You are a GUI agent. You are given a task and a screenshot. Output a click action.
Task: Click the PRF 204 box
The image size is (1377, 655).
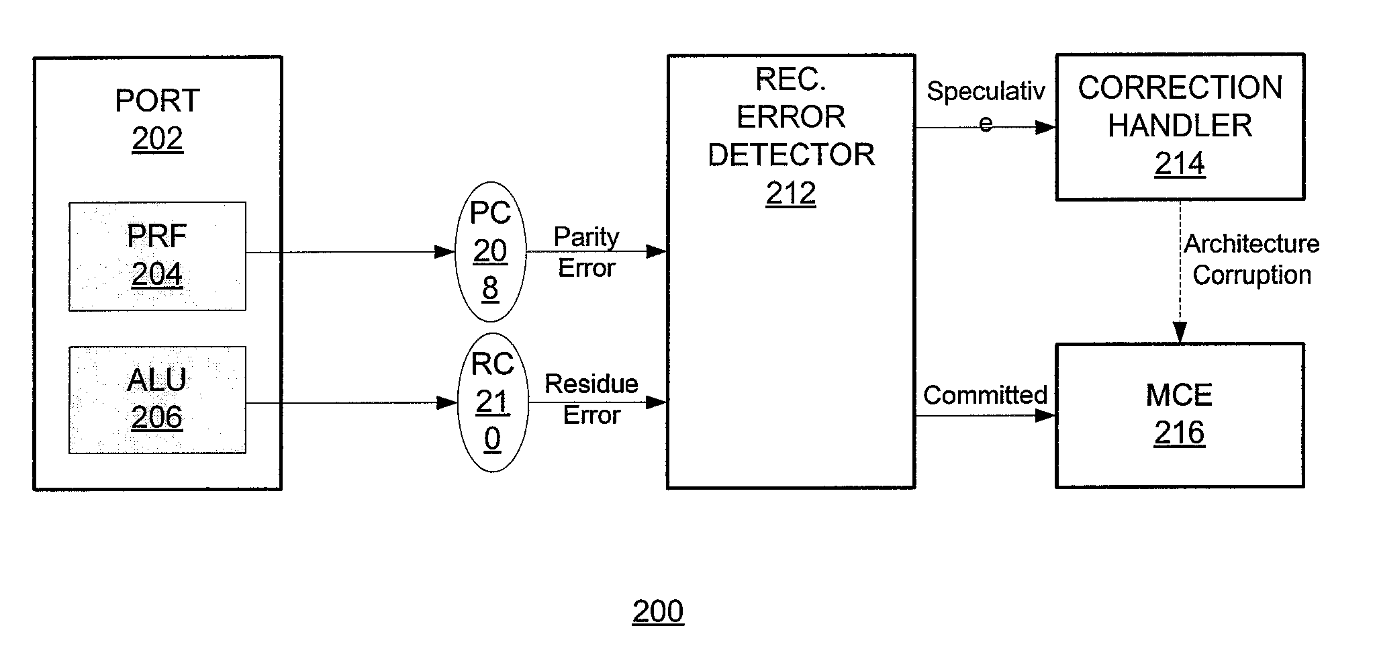pyautogui.click(x=157, y=256)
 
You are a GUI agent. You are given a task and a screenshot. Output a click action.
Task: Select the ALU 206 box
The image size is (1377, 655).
pyautogui.click(x=157, y=400)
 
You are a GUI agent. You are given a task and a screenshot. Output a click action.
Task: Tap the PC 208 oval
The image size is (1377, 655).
pyautogui.click(x=491, y=251)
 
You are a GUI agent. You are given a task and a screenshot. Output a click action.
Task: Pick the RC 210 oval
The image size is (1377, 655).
pyautogui.click(x=493, y=402)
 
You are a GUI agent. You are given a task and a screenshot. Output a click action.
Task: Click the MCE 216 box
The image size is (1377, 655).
pyautogui.click(x=1180, y=415)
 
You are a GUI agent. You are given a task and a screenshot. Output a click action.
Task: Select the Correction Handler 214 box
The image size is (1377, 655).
pyautogui.click(x=1180, y=126)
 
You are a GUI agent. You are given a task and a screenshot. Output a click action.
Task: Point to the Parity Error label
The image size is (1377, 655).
pyautogui.click(x=586, y=252)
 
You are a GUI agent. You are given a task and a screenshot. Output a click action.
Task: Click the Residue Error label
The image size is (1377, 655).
pyautogui.click(x=591, y=399)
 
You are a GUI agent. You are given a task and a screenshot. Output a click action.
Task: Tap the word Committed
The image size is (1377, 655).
pyautogui.click(x=985, y=395)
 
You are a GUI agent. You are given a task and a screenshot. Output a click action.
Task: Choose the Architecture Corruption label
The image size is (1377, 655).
pyautogui.click(x=1251, y=259)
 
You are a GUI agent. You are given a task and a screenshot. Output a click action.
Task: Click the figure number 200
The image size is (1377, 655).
pyautogui.click(x=658, y=611)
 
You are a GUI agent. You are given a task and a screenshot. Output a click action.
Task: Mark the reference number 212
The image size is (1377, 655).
pyautogui.click(x=791, y=193)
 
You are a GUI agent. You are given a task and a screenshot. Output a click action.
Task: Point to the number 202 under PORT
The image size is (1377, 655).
pyautogui.click(x=157, y=139)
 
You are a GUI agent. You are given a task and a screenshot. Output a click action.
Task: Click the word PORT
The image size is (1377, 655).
pyautogui.click(x=157, y=101)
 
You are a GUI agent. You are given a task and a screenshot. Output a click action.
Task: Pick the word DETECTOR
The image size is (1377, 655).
pyautogui.click(x=791, y=155)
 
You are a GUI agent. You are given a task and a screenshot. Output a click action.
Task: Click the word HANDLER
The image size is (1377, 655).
pyautogui.click(x=1180, y=126)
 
